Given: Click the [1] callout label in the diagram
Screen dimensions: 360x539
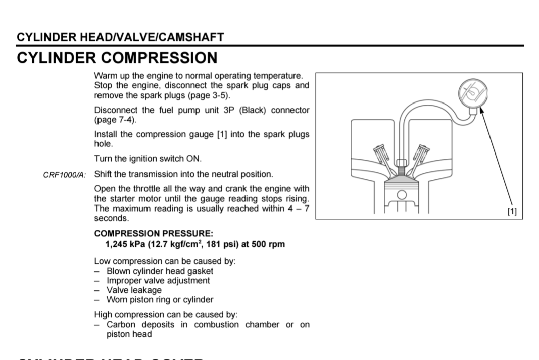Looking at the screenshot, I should click(512, 211).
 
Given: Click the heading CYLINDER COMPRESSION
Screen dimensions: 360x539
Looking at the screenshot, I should click(117, 58).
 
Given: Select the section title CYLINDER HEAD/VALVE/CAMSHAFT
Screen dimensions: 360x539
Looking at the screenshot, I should click(120, 37).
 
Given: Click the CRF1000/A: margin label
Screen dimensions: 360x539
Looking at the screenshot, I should click(65, 175).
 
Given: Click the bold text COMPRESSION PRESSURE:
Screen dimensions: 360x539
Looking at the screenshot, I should click(154, 233).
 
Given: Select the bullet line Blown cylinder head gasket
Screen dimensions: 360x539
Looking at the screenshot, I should click(160, 271).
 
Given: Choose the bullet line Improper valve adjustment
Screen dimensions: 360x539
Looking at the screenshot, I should click(158, 280).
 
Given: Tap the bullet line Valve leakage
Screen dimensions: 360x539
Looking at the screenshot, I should click(134, 290).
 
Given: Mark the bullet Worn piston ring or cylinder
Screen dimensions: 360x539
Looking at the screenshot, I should click(160, 299).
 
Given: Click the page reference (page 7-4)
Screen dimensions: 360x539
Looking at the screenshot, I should click(115, 120).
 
